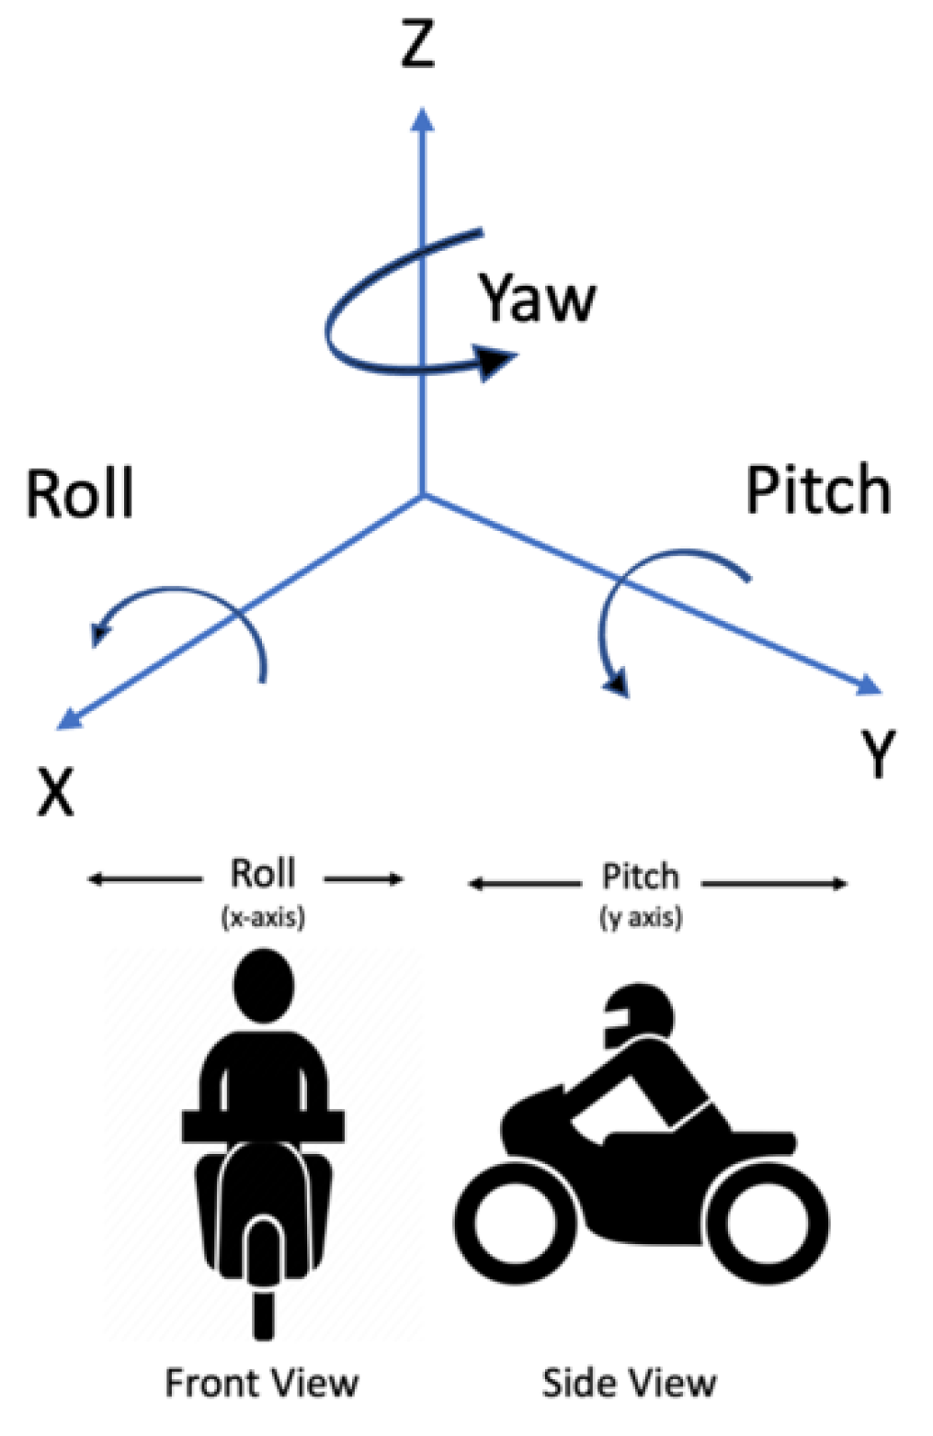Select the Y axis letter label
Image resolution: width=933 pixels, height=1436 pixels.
(879, 753)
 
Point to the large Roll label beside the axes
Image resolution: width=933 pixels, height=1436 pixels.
(80, 493)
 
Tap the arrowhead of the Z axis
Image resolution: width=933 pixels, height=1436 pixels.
(422, 119)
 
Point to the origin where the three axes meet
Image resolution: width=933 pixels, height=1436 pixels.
(422, 496)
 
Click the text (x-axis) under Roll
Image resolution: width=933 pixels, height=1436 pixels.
(263, 917)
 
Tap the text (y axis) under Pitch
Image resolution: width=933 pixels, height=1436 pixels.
(641, 917)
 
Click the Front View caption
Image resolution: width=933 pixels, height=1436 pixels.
(262, 1383)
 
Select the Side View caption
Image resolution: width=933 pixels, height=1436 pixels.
(630, 1383)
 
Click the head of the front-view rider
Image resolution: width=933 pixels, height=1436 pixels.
(264, 985)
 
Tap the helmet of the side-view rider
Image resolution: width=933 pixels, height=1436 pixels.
(639, 1015)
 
